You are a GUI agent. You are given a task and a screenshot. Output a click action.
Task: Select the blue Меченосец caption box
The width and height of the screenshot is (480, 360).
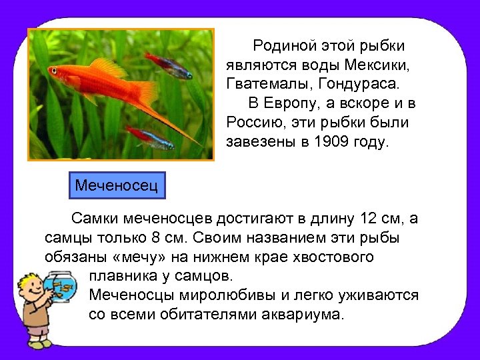117,185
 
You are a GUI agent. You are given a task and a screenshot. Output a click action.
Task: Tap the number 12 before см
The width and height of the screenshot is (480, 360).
369,219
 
